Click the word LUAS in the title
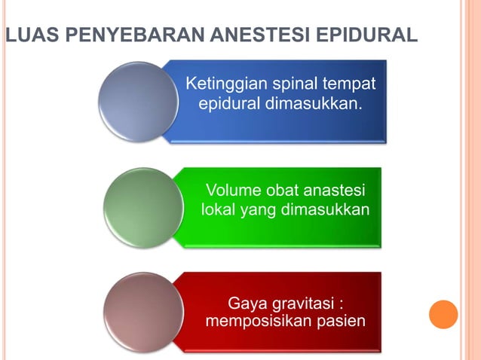point(25,35)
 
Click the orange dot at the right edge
point(443,314)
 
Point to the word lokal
point(219,209)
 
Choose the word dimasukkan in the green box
point(325,209)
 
